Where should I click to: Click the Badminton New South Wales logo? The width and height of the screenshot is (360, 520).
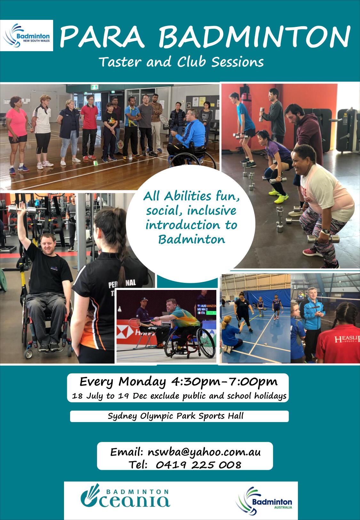27,36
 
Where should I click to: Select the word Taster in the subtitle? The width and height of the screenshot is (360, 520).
120,62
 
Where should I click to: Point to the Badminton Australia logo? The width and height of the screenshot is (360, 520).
264,500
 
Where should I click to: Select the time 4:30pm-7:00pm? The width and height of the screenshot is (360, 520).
224,382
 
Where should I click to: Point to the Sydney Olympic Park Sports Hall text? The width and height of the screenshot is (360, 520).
176,416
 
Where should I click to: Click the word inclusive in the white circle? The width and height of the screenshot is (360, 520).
212,211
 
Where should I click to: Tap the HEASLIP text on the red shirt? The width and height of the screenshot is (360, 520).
347,339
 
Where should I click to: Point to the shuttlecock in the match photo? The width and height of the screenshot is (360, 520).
120,309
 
